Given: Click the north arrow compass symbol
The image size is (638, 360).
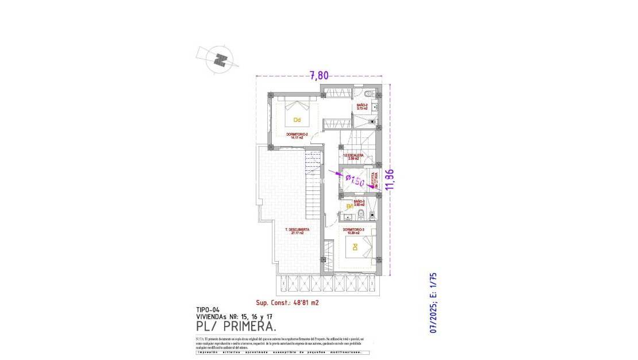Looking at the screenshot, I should point(219,59).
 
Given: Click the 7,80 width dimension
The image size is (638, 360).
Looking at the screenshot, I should point(319,75).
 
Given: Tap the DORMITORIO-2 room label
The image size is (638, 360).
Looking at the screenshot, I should point(297,136).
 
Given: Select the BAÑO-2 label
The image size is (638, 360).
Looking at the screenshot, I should point(362,106).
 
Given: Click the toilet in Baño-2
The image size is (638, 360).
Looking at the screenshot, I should point(370,93).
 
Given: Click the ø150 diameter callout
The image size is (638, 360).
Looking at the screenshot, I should point(355,181).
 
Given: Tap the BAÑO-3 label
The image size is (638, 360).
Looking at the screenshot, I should point(360,202).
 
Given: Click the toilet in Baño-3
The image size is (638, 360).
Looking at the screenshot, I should point(360,215).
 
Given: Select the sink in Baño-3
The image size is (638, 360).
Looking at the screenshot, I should point(348,217).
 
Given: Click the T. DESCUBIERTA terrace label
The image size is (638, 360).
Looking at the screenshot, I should point(297,232).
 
